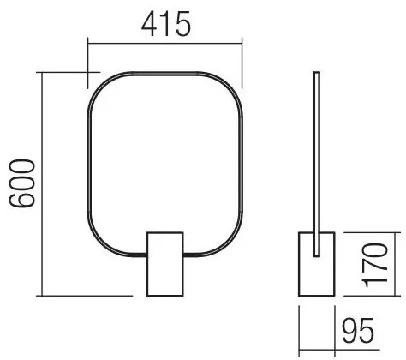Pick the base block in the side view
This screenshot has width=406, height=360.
click(x=317, y=261)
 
